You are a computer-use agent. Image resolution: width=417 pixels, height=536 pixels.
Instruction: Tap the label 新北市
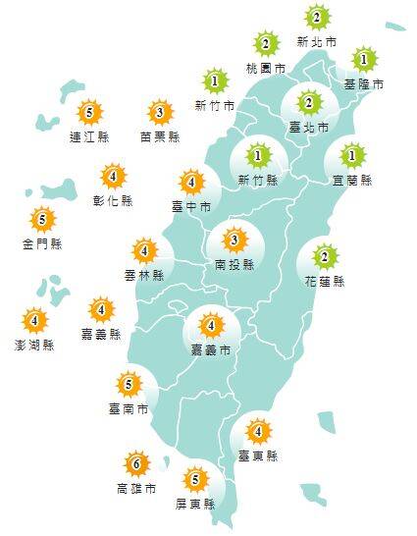pyautogui.click(x=316, y=43)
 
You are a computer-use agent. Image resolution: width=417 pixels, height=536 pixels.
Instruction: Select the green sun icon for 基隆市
pyautogui.click(x=364, y=60)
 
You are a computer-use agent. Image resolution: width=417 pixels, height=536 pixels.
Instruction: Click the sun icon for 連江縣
pyautogui.click(x=89, y=112)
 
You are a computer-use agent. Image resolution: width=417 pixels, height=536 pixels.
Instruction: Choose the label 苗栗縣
pyautogui.click(x=160, y=137)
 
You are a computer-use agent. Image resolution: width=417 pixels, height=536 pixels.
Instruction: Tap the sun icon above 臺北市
pyautogui.click(x=307, y=103)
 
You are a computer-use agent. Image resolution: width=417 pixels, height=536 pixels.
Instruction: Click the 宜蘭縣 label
pyautogui.click(x=352, y=181)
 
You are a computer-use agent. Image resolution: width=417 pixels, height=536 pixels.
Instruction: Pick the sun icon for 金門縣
pyautogui.click(x=41, y=219)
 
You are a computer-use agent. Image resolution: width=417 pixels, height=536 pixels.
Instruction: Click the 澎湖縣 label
pyautogui.click(x=34, y=345)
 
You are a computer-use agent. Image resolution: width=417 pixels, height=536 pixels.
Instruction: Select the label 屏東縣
pyautogui.click(x=195, y=505)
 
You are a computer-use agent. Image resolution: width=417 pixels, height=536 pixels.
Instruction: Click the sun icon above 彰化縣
pyautogui.click(x=114, y=177)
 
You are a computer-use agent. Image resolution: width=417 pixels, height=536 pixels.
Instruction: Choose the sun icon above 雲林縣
pyautogui.click(x=144, y=251)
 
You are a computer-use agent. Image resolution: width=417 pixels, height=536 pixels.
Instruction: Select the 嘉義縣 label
pyautogui.click(x=102, y=334)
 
